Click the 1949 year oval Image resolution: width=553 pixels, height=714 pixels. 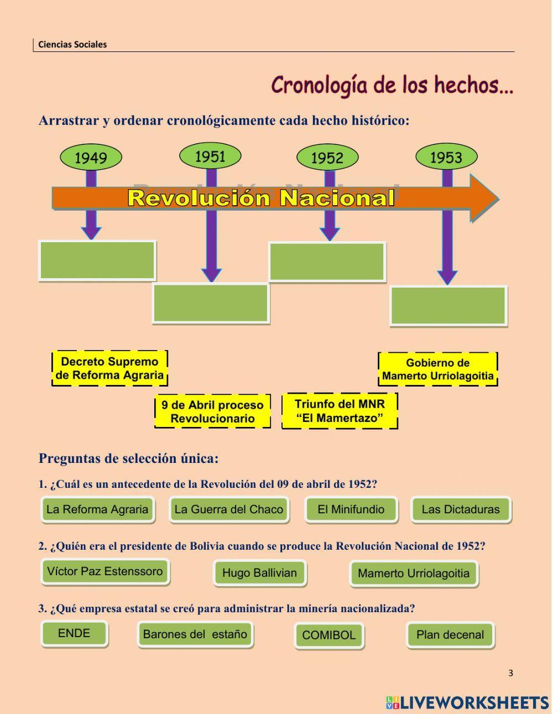click(x=91, y=158)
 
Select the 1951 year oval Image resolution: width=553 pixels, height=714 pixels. click(x=210, y=157)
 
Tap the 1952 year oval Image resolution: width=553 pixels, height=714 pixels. click(x=327, y=158)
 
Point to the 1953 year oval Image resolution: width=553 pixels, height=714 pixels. click(x=446, y=158)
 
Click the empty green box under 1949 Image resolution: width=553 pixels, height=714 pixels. click(x=97, y=260)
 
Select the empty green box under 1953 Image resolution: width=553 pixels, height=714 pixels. click(x=448, y=306)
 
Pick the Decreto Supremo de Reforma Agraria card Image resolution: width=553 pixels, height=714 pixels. click(x=109, y=368)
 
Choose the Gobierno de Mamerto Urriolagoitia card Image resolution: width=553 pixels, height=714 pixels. click(x=437, y=369)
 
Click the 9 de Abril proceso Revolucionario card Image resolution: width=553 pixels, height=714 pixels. click(x=212, y=411)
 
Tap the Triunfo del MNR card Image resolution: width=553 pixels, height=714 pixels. click(x=340, y=411)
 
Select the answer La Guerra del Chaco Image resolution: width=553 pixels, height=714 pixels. click(x=228, y=509)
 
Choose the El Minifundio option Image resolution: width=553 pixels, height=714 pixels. click(x=351, y=509)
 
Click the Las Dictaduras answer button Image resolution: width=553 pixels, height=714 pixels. click(x=460, y=509)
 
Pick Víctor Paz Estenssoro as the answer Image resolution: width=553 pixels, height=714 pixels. click(x=105, y=571)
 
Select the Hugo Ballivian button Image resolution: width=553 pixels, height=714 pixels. click(x=259, y=573)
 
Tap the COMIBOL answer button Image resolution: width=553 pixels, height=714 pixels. click(x=329, y=635)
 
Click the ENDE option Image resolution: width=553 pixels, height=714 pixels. click(x=74, y=633)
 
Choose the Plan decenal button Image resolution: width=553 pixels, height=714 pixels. click(x=450, y=635)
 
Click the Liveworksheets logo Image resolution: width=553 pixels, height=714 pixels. click(x=467, y=702)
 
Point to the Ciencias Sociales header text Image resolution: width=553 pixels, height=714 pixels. click(x=72, y=44)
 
